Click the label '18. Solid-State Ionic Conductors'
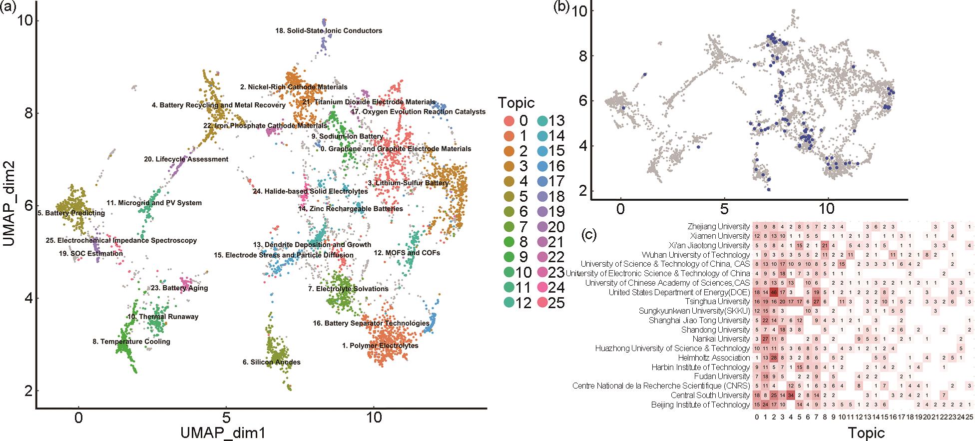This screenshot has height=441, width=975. click(329, 31)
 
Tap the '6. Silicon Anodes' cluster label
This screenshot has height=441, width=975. click(271, 362)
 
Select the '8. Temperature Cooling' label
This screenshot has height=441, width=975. click(131, 342)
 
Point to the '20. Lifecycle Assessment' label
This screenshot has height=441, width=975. click(186, 159)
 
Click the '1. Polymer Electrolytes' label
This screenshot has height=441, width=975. click(380, 346)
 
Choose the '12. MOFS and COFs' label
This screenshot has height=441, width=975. click(407, 253)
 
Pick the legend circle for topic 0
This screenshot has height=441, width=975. click(508, 120)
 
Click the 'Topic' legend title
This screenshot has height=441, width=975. click(516, 103)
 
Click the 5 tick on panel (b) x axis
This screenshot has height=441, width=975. click(724, 209)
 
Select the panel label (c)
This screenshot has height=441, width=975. click(589, 235)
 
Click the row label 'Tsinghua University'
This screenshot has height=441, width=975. click(717, 302)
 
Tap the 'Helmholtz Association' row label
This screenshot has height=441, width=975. click(714, 358)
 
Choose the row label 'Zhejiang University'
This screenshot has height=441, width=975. click(718, 227)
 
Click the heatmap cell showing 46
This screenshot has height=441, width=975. click(774, 292)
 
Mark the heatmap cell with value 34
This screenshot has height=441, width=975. click(791, 395)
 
